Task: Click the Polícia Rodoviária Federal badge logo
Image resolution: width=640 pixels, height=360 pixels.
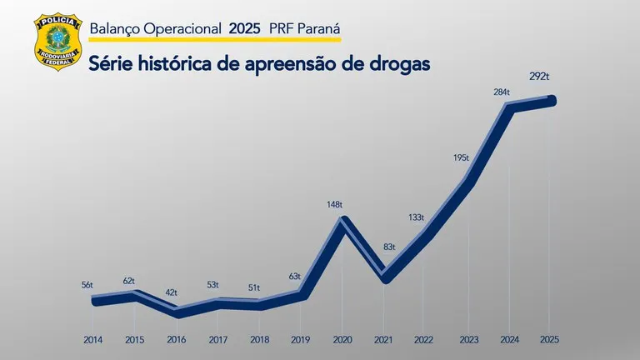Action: pos(56,42)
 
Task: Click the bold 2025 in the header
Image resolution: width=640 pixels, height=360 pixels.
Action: pos(244,28)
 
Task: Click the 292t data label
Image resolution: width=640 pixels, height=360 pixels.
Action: pos(539,77)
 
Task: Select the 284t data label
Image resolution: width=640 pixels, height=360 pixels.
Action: pos(502,92)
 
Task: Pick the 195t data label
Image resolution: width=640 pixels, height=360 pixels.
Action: pos(462,157)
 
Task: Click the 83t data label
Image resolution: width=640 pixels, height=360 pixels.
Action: pos(389,247)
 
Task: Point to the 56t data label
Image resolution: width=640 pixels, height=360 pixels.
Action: pos(87,285)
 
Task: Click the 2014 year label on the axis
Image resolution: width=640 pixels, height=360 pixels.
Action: pos(93,340)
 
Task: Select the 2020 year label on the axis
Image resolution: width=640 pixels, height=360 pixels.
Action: pos(341,340)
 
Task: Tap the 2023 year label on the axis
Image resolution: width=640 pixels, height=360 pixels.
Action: pos(468,340)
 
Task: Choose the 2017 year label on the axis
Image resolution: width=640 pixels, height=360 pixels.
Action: pos(217,340)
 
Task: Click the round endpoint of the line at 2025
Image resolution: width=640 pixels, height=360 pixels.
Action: pos(551,101)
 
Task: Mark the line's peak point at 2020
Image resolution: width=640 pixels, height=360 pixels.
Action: pos(342,221)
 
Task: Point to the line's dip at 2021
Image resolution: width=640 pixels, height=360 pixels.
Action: pos(384,277)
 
